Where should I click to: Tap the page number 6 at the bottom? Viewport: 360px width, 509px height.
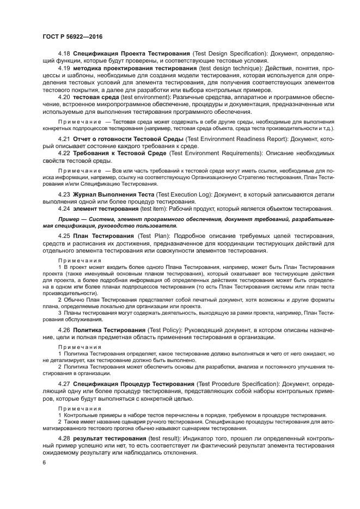pos(45,463)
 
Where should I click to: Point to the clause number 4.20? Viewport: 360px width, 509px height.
pos(64,97)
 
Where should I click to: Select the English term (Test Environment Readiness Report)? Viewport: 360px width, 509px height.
pos(247,140)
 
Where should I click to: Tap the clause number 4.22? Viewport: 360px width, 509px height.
pos(64,154)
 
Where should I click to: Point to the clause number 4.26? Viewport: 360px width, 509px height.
pos(64,330)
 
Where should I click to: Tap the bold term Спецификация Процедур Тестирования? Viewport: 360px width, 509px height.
pos(133,384)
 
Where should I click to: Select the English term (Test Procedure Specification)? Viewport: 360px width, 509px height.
pos(240,384)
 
